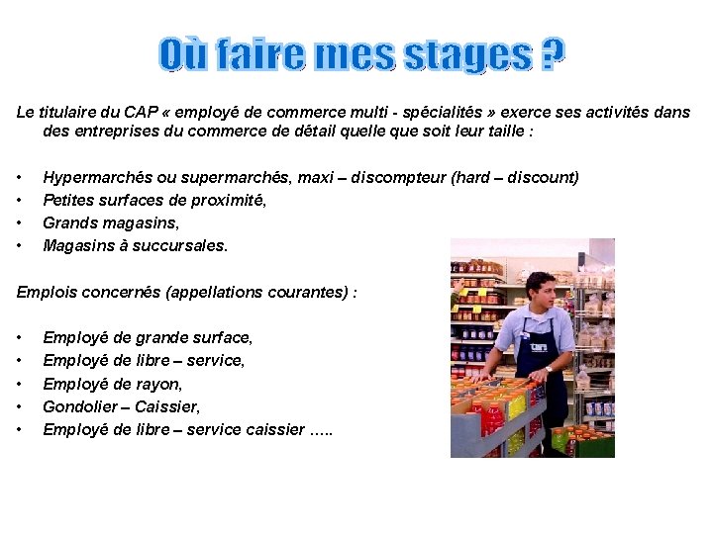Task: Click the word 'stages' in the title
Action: click(x=466, y=55)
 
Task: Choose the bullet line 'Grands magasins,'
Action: click(x=111, y=222)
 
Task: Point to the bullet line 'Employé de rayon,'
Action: click(x=112, y=384)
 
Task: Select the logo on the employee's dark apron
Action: click(x=540, y=348)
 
